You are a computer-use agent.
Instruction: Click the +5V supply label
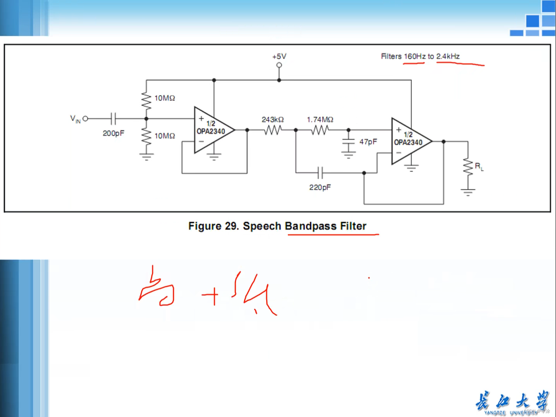[279, 56]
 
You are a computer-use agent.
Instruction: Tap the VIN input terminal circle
[85, 119]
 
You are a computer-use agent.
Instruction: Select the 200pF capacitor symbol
[113, 119]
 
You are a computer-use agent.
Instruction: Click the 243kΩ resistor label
[272, 120]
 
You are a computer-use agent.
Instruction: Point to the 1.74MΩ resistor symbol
[320, 130]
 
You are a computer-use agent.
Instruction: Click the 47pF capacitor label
[368, 142]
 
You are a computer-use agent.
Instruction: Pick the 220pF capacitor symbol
[320, 173]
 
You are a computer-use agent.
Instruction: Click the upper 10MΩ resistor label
[165, 98]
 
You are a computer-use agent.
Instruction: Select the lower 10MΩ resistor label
[165, 136]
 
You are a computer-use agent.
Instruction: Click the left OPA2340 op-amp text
[211, 131]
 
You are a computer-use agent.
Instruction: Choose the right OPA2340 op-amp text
[408, 142]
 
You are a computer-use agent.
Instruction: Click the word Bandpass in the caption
[311, 226]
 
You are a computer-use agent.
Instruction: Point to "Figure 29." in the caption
[214, 226]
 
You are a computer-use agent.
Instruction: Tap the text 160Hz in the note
[414, 56]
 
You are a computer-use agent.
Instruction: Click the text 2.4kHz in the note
[448, 56]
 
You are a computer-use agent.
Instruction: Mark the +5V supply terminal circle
[279, 65]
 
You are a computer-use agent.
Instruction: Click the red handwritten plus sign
[210, 295]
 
